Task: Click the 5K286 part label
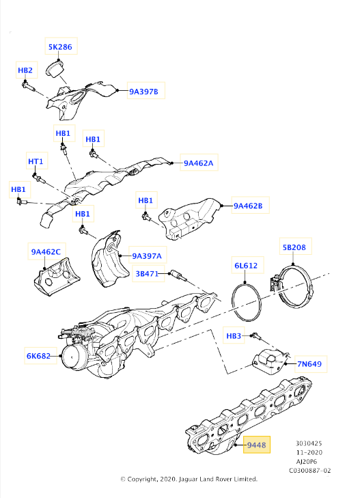(x=60, y=47)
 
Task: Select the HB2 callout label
(x=25, y=70)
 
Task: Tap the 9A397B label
(x=143, y=92)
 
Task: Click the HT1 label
(x=36, y=161)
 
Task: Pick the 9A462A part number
(x=199, y=163)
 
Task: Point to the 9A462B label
(x=248, y=206)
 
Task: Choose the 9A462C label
(x=46, y=252)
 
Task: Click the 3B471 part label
(x=147, y=273)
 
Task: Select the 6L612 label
(x=246, y=266)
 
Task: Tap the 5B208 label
(x=294, y=247)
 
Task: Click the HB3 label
(x=234, y=335)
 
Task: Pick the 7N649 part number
(x=309, y=364)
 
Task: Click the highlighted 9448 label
(x=256, y=445)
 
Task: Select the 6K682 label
(x=38, y=356)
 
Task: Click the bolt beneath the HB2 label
(x=28, y=86)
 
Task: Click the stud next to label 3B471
(x=178, y=276)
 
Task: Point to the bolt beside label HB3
(x=256, y=336)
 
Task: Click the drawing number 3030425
(x=309, y=443)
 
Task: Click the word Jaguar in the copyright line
(x=187, y=480)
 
